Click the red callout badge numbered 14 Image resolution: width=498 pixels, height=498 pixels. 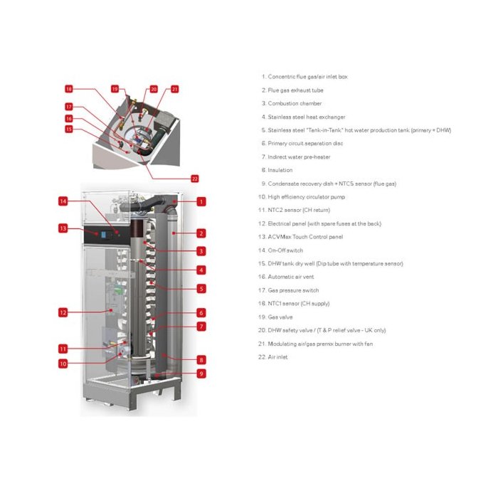pyautogui.click(x=63, y=201)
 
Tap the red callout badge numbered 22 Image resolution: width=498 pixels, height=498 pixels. pyautogui.click(x=195, y=179)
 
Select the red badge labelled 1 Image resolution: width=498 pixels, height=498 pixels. pyautogui.click(x=201, y=201)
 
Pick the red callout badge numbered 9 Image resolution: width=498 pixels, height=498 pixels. pyautogui.click(x=201, y=373)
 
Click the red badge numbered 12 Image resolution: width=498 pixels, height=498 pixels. pyautogui.click(x=63, y=312)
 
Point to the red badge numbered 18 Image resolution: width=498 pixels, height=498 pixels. pyautogui.click(x=69, y=89)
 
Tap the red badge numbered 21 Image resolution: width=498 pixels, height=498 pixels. pyautogui.click(x=175, y=89)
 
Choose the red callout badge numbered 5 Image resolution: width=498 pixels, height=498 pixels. pyautogui.click(x=201, y=289)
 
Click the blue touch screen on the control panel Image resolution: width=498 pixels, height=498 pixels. pyautogui.click(x=104, y=235)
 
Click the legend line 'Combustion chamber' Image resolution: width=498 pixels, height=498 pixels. pyautogui.click(x=292, y=104)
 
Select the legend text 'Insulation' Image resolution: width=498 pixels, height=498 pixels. pyautogui.click(x=277, y=170)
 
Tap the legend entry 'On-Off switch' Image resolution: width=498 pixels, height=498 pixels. pyautogui.click(x=280, y=250)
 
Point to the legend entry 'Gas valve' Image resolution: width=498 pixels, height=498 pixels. pyautogui.click(x=275, y=317)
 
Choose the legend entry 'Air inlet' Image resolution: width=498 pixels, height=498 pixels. pyautogui.click(x=272, y=357)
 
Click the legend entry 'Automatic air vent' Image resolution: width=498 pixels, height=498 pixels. pyautogui.click(x=286, y=277)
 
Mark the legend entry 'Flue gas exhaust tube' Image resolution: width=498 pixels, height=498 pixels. pyautogui.click(x=292, y=90)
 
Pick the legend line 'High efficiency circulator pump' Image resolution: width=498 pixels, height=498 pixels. pyautogui.click(x=302, y=197)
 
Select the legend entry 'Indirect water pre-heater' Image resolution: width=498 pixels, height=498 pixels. pyautogui.click(x=296, y=157)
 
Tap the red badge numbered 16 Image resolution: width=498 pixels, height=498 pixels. pyautogui.click(x=69, y=119)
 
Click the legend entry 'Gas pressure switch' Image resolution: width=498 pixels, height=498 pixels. pyautogui.click(x=288, y=290)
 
